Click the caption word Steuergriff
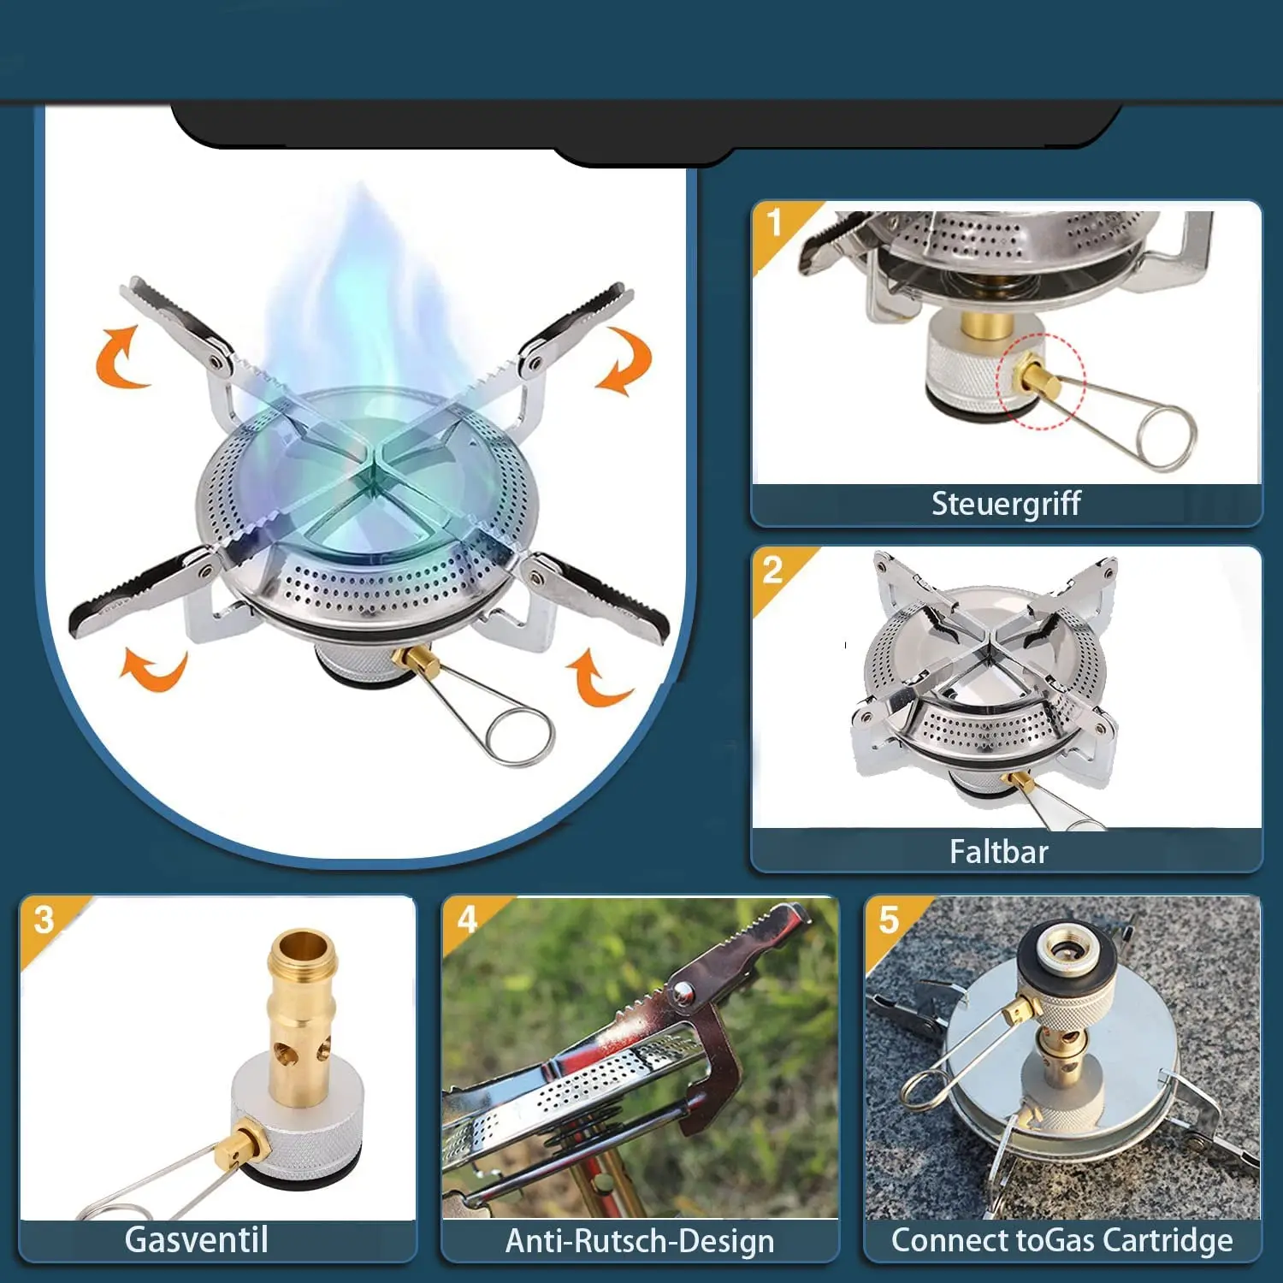(x=1006, y=504)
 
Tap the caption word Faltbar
(x=999, y=852)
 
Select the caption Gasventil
(x=197, y=1239)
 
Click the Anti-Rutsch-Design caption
(x=640, y=1240)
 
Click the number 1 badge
(x=775, y=222)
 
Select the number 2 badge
(x=772, y=570)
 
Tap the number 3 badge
(x=44, y=920)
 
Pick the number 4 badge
(x=467, y=919)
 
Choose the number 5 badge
(x=890, y=920)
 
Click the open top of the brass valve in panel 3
(x=302, y=947)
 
